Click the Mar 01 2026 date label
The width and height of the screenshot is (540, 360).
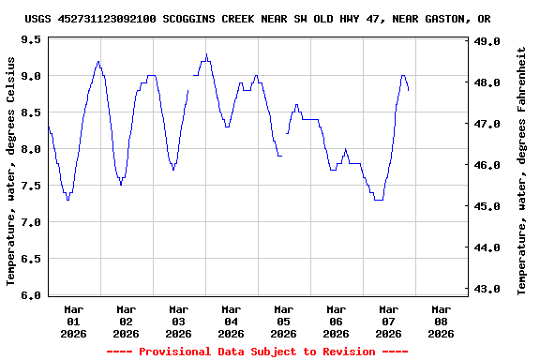(73, 321)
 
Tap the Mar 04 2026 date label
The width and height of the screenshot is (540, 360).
(231, 321)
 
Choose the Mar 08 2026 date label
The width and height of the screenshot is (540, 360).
(441, 321)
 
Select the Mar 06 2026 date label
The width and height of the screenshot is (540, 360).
(336, 321)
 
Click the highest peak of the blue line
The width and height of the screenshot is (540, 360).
(206, 54)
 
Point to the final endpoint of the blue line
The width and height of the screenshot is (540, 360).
(409, 90)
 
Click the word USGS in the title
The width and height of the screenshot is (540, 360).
(37, 19)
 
